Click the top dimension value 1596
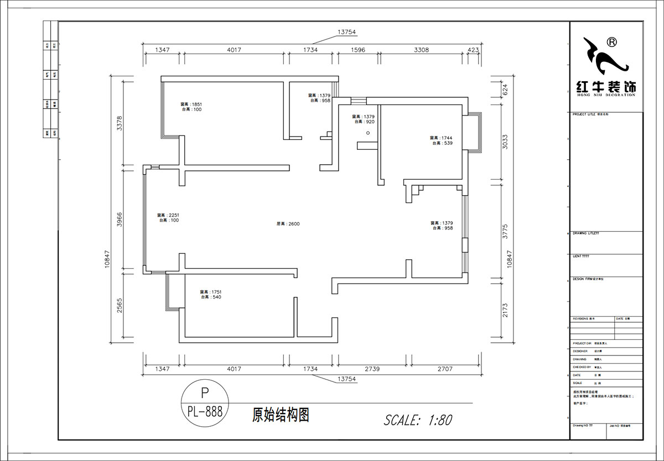358,50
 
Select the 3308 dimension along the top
421,50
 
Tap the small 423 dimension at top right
473,50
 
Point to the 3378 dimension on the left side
118,123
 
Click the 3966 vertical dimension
118,221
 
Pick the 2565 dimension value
118,306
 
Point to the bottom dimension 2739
373,369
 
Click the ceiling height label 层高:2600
288,224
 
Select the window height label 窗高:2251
168,215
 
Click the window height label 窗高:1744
441,138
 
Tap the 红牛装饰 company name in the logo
606,87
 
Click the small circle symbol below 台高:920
367,133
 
